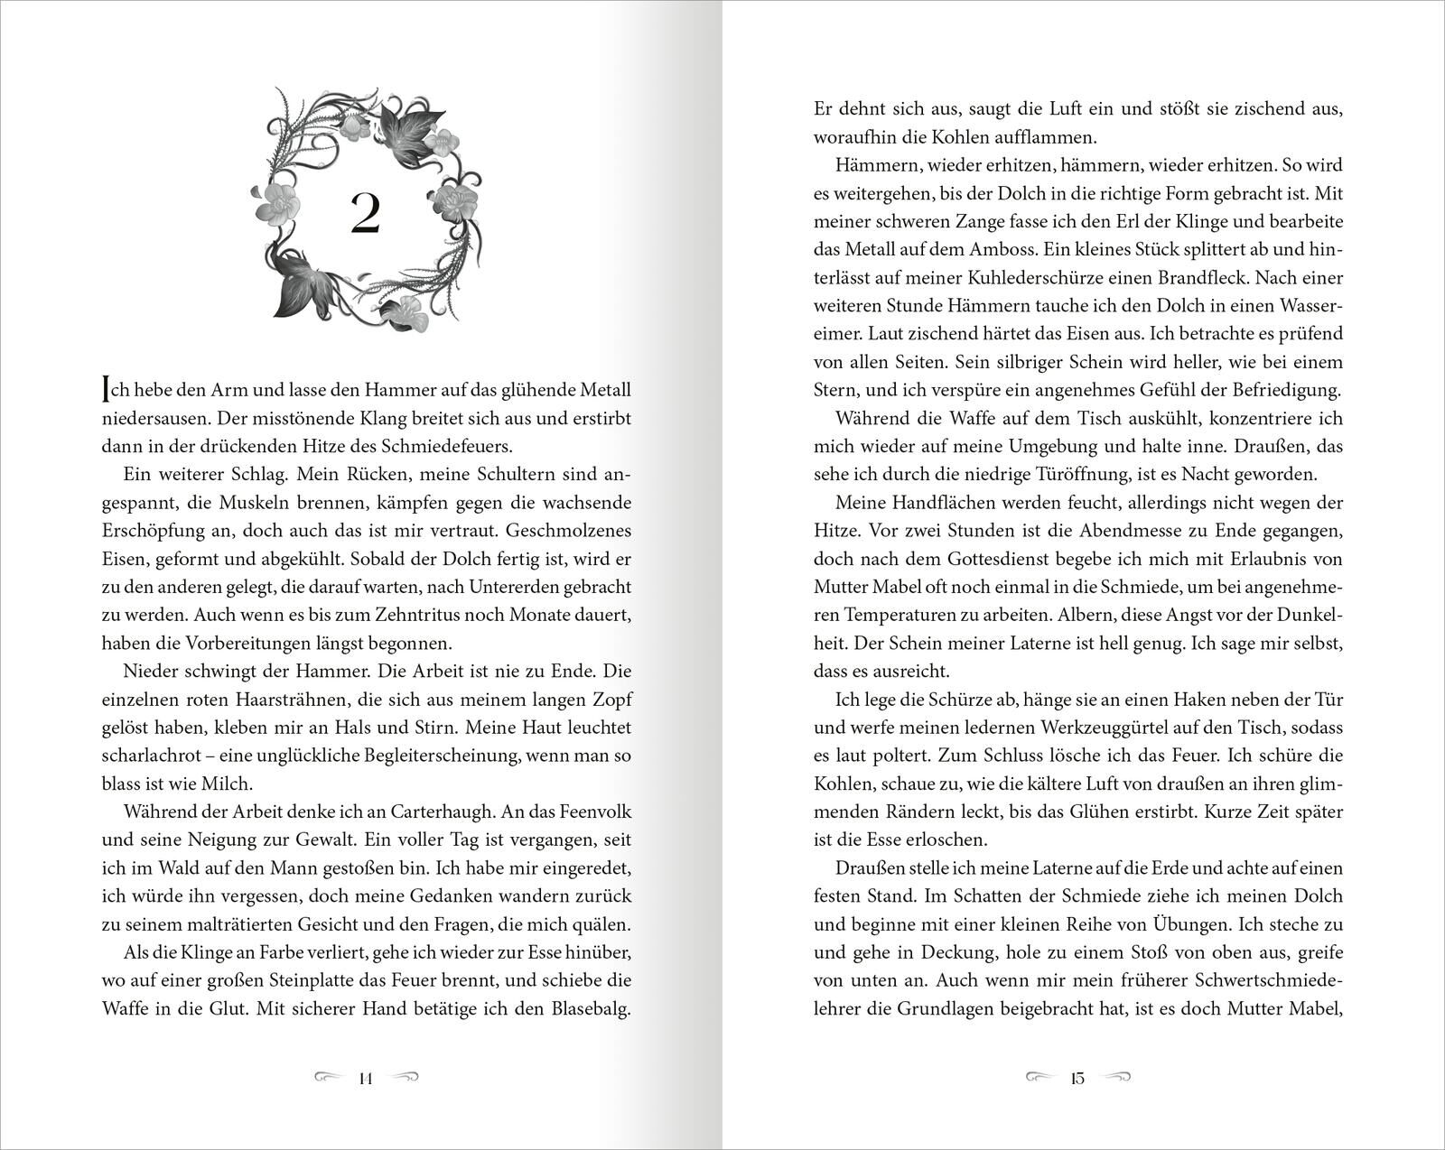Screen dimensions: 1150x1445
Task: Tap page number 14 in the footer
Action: tap(366, 1078)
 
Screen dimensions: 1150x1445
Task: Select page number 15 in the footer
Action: tap(1078, 1078)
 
